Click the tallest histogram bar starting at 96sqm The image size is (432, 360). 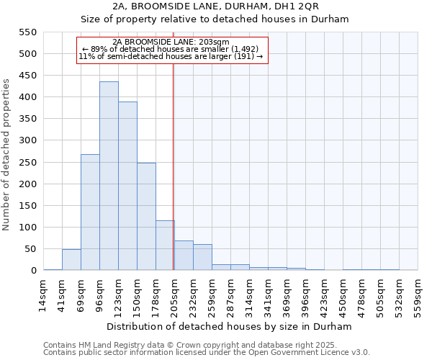[109, 176]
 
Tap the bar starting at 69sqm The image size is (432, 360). [90, 212]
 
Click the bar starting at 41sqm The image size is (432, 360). [71, 260]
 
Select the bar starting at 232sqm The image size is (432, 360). [202, 257]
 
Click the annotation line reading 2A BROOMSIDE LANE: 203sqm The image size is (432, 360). [171, 42]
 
